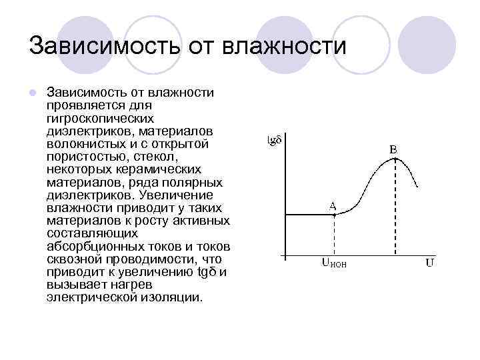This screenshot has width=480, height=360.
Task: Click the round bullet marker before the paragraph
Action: tap(33, 91)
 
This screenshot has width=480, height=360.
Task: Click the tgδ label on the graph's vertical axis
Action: tap(275, 140)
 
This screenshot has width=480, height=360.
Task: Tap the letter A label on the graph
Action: tap(332, 205)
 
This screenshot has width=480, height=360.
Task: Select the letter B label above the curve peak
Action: tap(393, 150)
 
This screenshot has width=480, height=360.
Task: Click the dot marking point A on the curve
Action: tap(334, 215)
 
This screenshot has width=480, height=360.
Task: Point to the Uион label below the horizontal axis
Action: tap(335, 263)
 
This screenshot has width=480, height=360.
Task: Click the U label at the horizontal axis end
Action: tap(430, 262)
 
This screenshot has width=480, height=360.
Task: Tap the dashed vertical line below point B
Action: tap(396, 213)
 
